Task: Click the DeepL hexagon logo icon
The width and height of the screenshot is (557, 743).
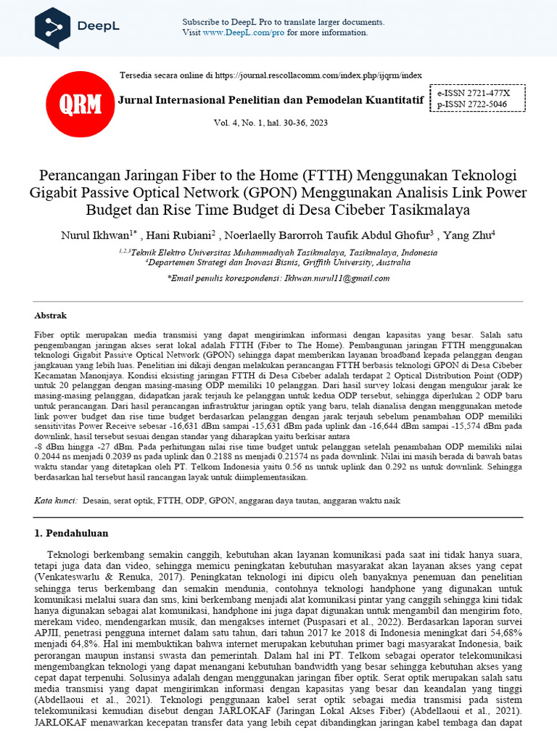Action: [x=53, y=27]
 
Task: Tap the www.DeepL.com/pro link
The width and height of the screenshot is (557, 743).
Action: [x=239, y=33]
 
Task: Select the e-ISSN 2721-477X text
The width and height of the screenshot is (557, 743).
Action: [x=474, y=94]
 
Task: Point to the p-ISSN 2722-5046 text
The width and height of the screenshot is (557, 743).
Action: [x=472, y=104]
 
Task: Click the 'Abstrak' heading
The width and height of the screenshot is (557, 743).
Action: [x=51, y=316]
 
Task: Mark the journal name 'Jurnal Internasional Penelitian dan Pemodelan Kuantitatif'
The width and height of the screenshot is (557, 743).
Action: [x=271, y=99]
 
